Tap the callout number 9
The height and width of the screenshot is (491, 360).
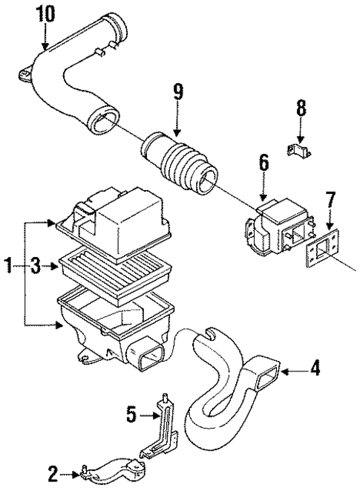pos(177,94)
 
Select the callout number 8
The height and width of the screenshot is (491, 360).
pos(300,108)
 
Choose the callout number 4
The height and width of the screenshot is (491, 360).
pos(315,368)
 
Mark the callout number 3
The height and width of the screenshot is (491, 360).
pos(33,264)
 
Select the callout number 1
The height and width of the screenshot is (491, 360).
pos(7,264)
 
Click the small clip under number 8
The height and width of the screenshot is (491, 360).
pos(299,150)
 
